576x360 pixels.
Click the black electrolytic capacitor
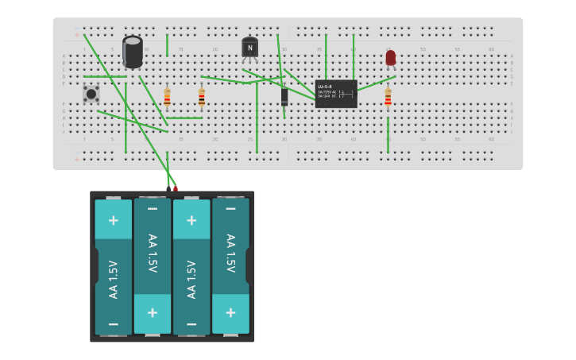133,51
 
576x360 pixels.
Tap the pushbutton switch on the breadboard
91,94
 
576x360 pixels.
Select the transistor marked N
249,48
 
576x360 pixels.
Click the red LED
390,58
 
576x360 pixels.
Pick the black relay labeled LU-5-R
335,94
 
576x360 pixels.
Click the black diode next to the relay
284,96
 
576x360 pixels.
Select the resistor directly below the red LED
388,97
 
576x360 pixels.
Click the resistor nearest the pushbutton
167,97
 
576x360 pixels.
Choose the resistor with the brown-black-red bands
202,97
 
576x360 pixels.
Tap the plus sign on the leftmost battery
114,220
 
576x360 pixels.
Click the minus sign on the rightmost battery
230,209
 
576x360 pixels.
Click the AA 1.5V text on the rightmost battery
230,253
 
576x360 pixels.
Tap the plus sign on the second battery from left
153,312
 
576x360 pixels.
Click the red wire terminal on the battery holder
176,188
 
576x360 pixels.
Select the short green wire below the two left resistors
184,118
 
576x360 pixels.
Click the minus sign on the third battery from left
191,323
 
